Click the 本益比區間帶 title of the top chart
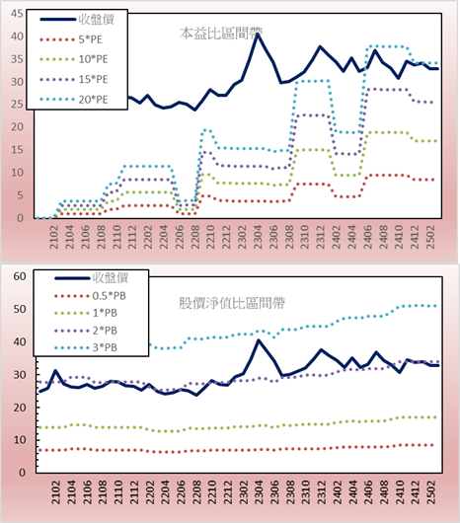pyautogui.click(x=221, y=34)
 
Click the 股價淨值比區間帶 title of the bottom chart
pyautogui.click(x=232, y=303)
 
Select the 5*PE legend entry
pyautogui.click(x=71, y=39)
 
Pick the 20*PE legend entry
pyautogui.click(x=74, y=100)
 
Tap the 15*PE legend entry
pyautogui.click(x=74, y=79)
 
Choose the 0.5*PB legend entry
pyautogui.click(x=90, y=296)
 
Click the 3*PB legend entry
pyautogui.click(x=86, y=347)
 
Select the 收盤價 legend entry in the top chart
pyautogui.click(x=77, y=20)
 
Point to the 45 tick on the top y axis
pyautogui.click(x=17, y=14)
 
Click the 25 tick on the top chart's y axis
pyautogui.click(x=17, y=105)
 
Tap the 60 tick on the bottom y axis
pyautogui.click(x=20, y=276)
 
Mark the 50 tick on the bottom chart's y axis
pyautogui.click(x=20, y=309)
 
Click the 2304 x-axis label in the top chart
pyautogui.click(x=258, y=237)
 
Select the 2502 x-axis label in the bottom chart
pyautogui.click(x=431, y=492)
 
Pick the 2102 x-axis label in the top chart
pyautogui.click(x=53, y=237)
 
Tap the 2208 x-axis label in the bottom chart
pyautogui.click(x=196, y=492)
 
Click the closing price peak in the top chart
pyautogui.click(x=258, y=34)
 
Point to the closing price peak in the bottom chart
pyautogui.click(x=258, y=340)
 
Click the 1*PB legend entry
pyautogui.click(x=86, y=313)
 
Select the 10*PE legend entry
pyautogui.click(x=74, y=59)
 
